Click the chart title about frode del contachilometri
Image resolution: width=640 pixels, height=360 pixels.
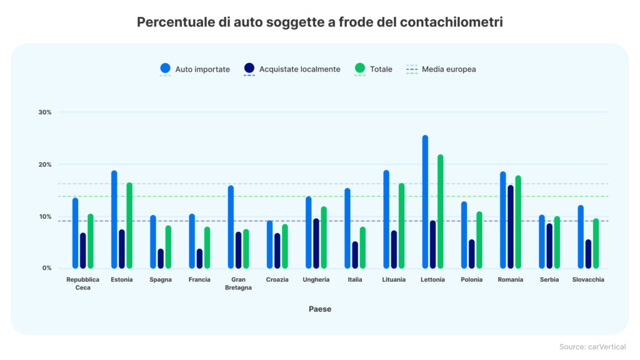[320, 22]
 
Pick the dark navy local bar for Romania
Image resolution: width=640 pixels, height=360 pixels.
[511, 227]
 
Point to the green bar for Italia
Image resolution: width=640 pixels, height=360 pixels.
[362, 247]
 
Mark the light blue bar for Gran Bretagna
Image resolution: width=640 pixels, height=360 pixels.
[231, 227]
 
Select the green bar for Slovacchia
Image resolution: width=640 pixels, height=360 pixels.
[596, 243]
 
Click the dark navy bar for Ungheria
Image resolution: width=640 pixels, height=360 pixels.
[316, 243]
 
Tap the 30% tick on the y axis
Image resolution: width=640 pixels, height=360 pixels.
[44, 112]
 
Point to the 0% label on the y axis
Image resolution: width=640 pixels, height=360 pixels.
[47, 268]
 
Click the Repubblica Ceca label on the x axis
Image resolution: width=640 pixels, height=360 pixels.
[83, 283]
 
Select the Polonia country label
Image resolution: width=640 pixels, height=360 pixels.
[472, 279]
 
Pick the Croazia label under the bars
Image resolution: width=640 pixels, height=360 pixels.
[277, 279]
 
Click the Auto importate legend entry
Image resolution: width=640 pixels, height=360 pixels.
[196, 69]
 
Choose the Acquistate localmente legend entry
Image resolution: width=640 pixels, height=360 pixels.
[292, 69]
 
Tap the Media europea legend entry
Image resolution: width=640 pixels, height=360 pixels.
[441, 69]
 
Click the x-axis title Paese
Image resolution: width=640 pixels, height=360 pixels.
[320, 309]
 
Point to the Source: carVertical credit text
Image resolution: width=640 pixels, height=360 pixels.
[592, 347]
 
